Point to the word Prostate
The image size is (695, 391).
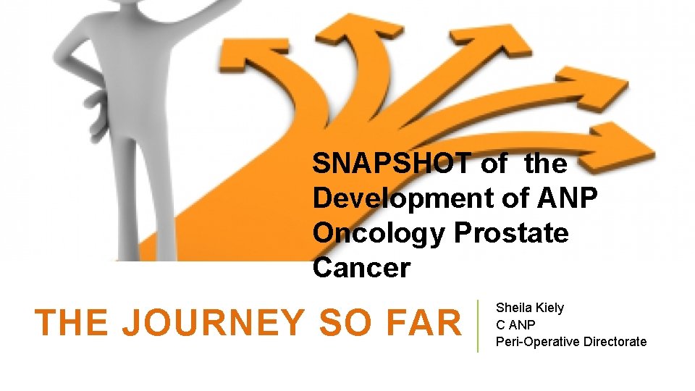pos(511,234)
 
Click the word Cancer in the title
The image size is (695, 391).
pos(361,269)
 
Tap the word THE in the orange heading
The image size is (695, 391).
pos(73,324)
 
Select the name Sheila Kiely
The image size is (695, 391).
pos(529,308)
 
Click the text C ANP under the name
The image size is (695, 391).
pos(515,324)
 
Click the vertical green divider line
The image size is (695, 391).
pos(478,326)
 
